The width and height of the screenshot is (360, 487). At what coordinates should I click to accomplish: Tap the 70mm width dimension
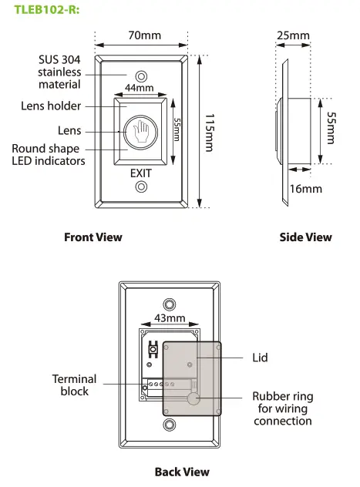140,35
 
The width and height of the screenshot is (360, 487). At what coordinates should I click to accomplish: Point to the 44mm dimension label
139,89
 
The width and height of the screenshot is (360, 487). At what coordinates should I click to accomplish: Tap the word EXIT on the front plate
141,173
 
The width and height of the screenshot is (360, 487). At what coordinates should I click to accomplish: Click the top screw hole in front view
141,76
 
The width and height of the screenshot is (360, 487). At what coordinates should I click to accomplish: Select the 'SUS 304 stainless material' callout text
60,72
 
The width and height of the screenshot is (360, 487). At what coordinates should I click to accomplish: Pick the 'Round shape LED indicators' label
45,155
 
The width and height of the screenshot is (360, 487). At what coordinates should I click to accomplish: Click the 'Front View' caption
93,237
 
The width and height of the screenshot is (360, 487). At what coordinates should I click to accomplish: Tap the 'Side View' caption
305,237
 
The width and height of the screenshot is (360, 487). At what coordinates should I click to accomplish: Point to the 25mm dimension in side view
294,35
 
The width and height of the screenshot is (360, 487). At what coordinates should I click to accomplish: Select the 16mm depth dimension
306,189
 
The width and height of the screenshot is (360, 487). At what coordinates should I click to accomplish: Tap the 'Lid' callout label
261,358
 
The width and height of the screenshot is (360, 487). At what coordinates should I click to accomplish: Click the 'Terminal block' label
75,385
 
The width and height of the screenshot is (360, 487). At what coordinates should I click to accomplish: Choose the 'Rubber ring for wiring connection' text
283,409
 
